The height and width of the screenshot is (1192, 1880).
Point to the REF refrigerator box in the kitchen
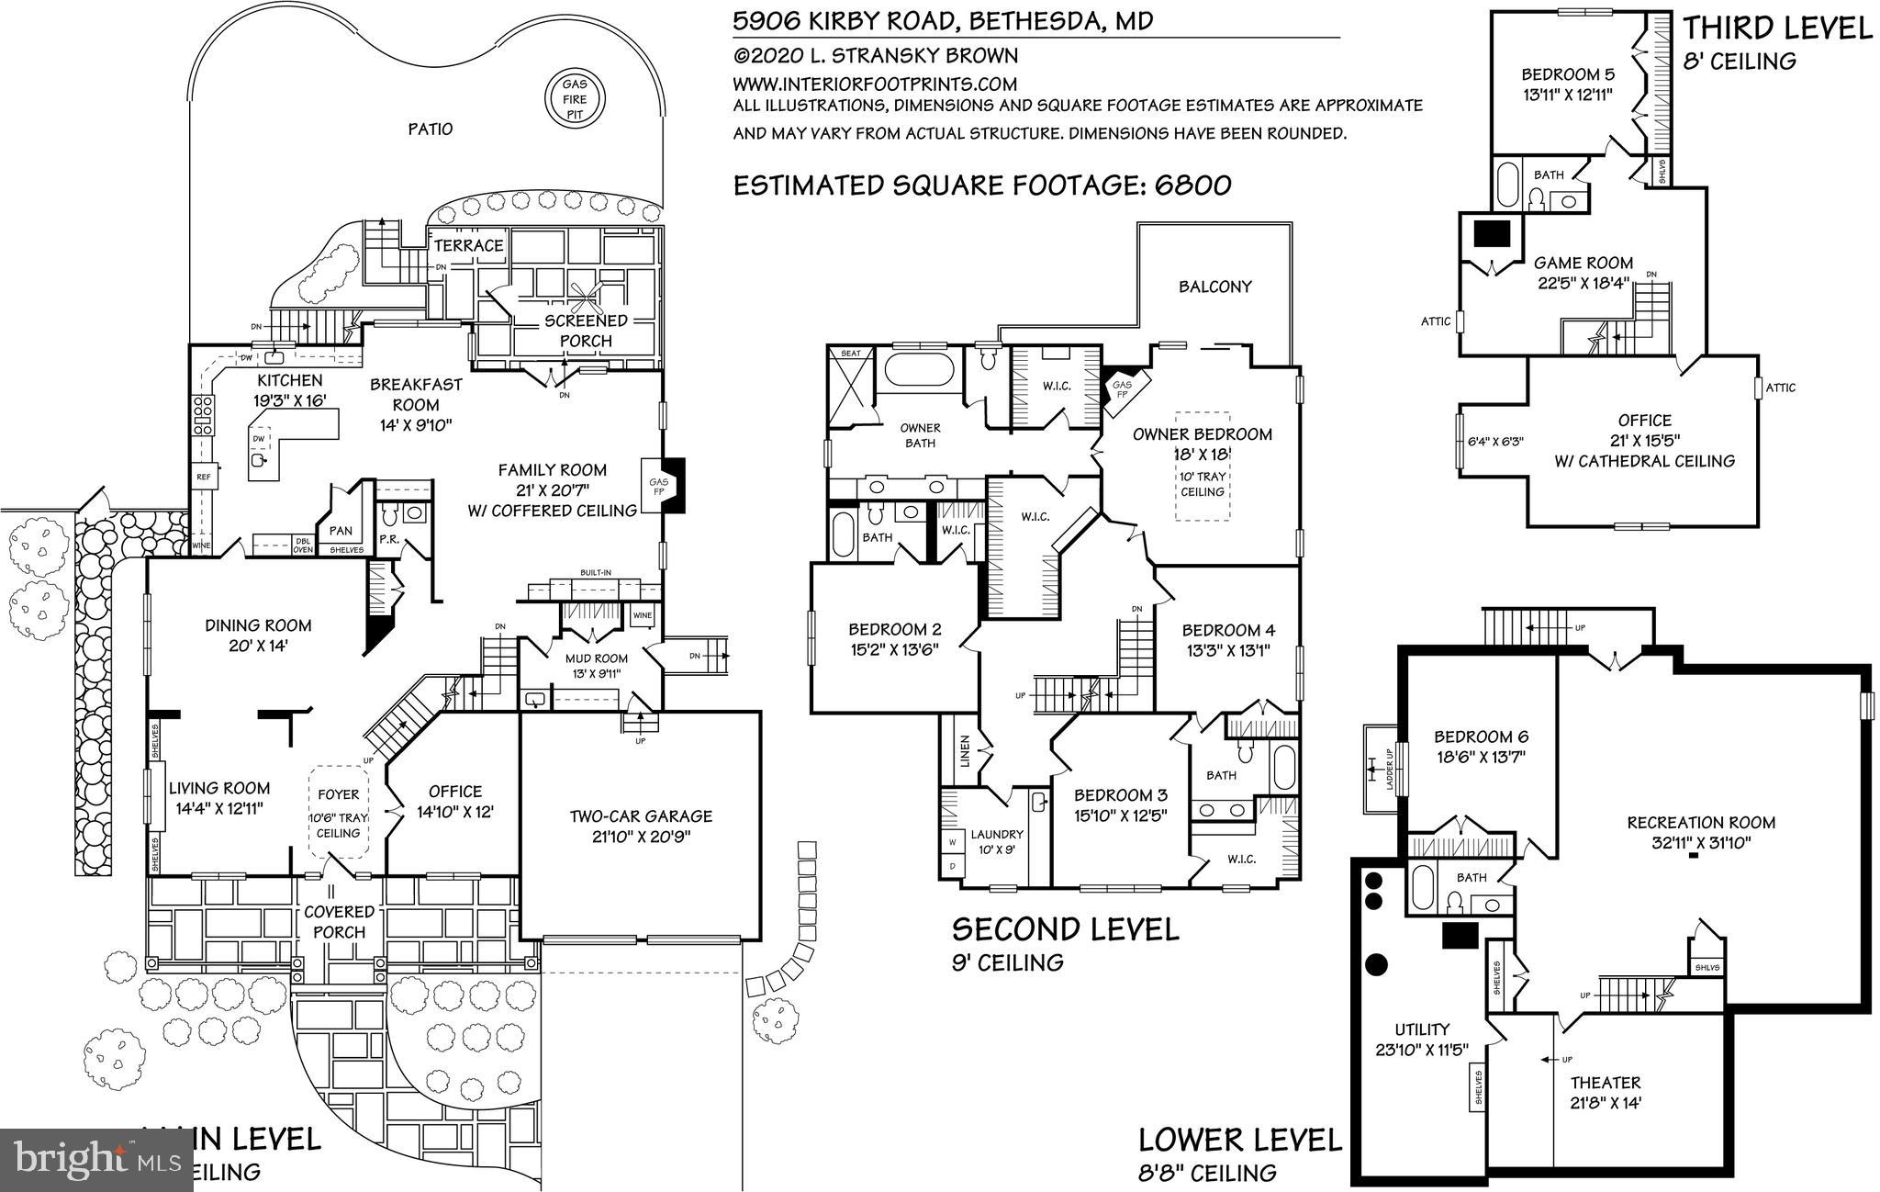[204, 477]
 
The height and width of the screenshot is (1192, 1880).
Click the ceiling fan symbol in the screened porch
[585, 292]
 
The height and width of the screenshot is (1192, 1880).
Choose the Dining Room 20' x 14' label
[258, 635]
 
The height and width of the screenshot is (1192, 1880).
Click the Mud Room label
[597, 665]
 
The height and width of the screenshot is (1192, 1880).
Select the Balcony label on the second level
[1215, 287]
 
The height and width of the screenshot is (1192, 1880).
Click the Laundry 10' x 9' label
[997, 841]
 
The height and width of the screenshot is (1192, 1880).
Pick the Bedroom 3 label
[1120, 804]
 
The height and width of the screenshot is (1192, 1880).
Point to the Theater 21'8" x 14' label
[1605, 1092]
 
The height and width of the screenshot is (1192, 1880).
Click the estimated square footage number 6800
[1192, 186]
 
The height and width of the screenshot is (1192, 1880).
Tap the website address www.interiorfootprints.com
[875, 83]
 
